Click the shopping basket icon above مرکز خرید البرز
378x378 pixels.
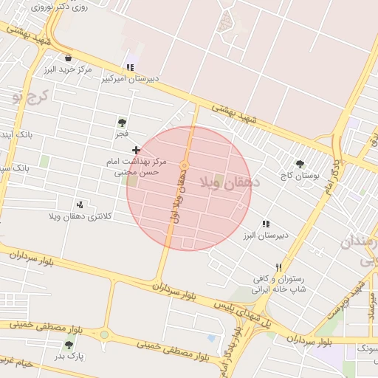[x=69, y=58]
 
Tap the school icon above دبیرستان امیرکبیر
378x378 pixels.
[x=130, y=68]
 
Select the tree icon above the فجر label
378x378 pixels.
[x=122, y=123]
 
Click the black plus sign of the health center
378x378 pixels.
[x=136, y=150]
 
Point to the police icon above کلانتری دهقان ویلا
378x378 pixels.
[x=80, y=205]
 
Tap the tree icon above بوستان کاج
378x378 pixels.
[x=299, y=164]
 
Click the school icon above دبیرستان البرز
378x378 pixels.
[x=266, y=224]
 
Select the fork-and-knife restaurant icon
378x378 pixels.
[x=278, y=267]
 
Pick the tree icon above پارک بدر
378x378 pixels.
[x=69, y=345]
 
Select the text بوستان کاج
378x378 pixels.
[x=298, y=176]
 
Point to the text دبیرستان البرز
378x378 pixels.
[x=265, y=235]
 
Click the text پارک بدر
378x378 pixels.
[x=69, y=356]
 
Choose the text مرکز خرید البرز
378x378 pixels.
[x=68, y=69]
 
